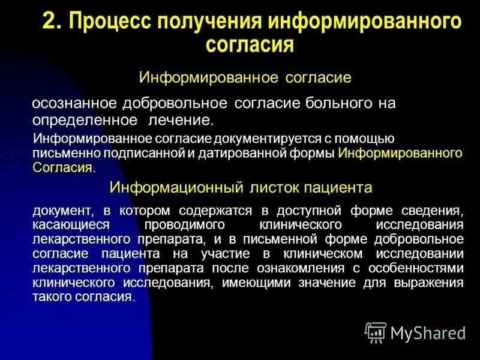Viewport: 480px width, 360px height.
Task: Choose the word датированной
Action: pyautogui.click(x=235, y=153)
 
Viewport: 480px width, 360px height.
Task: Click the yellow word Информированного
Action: pyautogui.click(x=400, y=153)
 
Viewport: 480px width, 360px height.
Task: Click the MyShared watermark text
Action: pyautogui.click(x=428, y=332)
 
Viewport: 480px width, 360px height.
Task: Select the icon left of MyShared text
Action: pyautogui.click(x=376, y=331)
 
